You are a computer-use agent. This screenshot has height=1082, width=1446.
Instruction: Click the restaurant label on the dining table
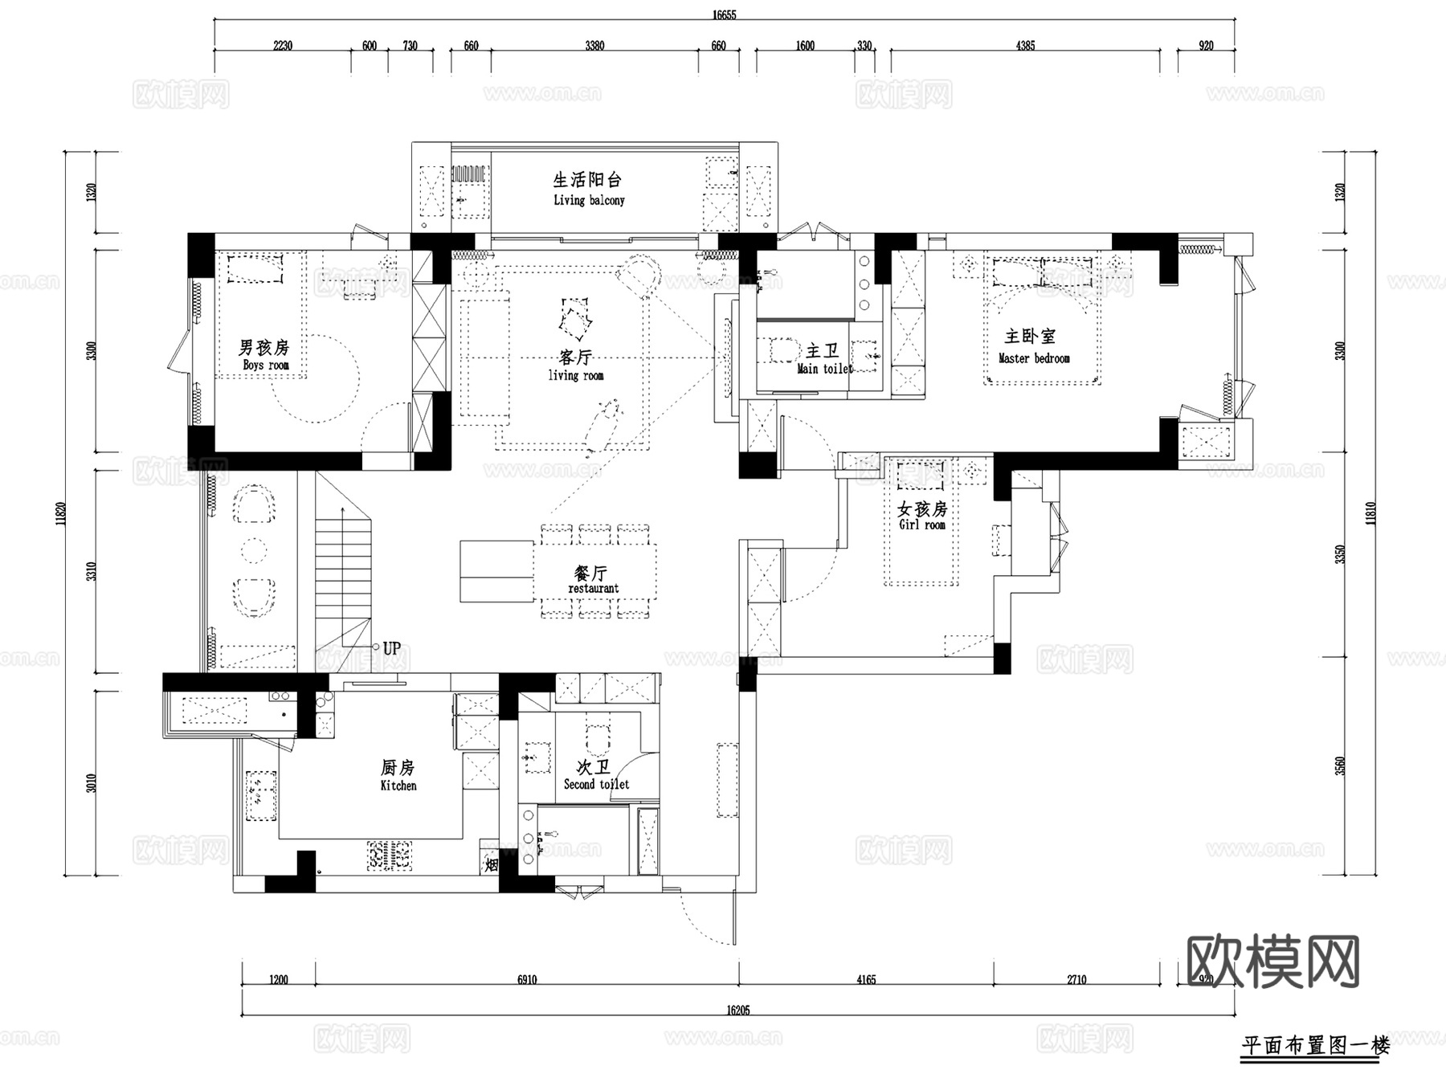pyautogui.click(x=593, y=588)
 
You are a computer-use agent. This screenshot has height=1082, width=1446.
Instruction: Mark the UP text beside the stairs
pyautogui.click(x=391, y=648)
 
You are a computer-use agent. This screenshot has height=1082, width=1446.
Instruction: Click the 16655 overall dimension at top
pyautogui.click(x=724, y=14)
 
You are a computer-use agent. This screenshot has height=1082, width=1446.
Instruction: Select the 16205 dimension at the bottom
pyautogui.click(x=737, y=1011)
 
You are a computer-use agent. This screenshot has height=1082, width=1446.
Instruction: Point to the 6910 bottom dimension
pyautogui.click(x=526, y=979)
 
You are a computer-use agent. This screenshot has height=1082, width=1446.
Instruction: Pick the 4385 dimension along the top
pyautogui.click(x=1025, y=46)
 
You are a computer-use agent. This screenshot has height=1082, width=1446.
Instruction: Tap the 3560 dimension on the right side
pyautogui.click(x=1339, y=766)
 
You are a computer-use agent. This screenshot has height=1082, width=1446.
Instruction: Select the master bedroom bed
pyautogui.click(x=1042, y=321)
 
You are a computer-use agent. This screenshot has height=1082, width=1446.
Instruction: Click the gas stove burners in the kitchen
pyautogui.click(x=390, y=856)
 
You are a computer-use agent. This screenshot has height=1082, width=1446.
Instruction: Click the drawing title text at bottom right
pyautogui.click(x=1315, y=1046)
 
